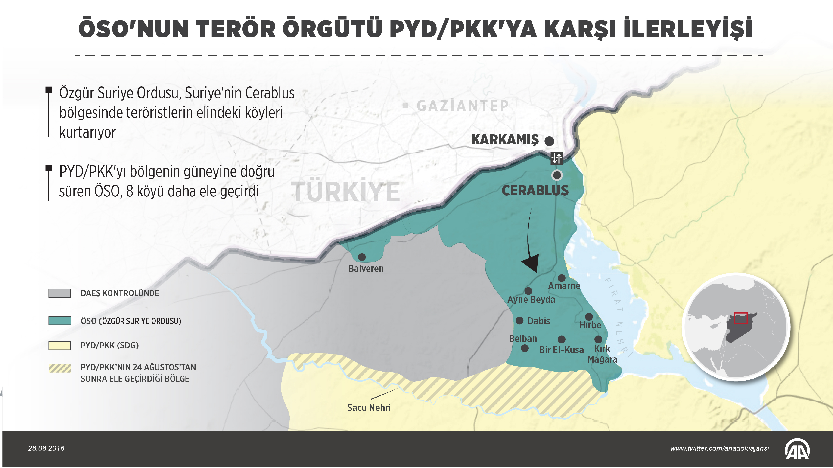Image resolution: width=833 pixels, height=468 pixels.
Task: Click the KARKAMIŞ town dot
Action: coord(549,141)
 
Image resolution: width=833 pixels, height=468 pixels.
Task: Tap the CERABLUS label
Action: coord(535,191)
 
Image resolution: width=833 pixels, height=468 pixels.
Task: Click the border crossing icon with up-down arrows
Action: coord(556,158)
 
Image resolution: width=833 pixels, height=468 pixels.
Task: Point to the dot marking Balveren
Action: coord(362,257)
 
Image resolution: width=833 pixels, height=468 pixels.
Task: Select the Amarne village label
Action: coord(564,286)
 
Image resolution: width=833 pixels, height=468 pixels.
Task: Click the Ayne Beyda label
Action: coord(531,299)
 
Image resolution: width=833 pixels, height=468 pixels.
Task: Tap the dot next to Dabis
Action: coord(519,321)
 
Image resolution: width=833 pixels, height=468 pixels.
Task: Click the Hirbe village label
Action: coord(590,325)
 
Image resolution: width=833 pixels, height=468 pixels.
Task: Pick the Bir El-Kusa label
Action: coord(561,350)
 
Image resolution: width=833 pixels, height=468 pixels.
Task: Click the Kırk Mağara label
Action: coord(602,354)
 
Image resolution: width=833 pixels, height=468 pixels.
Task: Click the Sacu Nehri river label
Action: coord(369,408)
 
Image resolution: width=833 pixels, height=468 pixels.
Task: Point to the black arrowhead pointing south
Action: coord(531,263)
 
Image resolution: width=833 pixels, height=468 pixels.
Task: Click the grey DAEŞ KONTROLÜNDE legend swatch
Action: coord(59,293)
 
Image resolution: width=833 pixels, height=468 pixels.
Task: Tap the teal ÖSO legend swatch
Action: coord(59,321)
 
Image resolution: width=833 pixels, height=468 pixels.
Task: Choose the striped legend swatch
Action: coord(59,368)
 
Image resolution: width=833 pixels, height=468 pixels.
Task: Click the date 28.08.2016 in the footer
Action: coord(46,448)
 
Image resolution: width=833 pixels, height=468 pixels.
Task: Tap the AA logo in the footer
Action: coord(797,449)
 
